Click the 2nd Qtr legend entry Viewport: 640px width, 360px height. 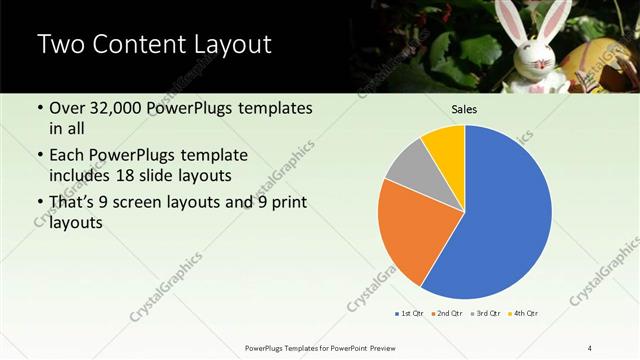pyautogui.click(x=446, y=314)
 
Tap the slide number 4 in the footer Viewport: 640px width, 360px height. pyautogui.click(x=590, y=347)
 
